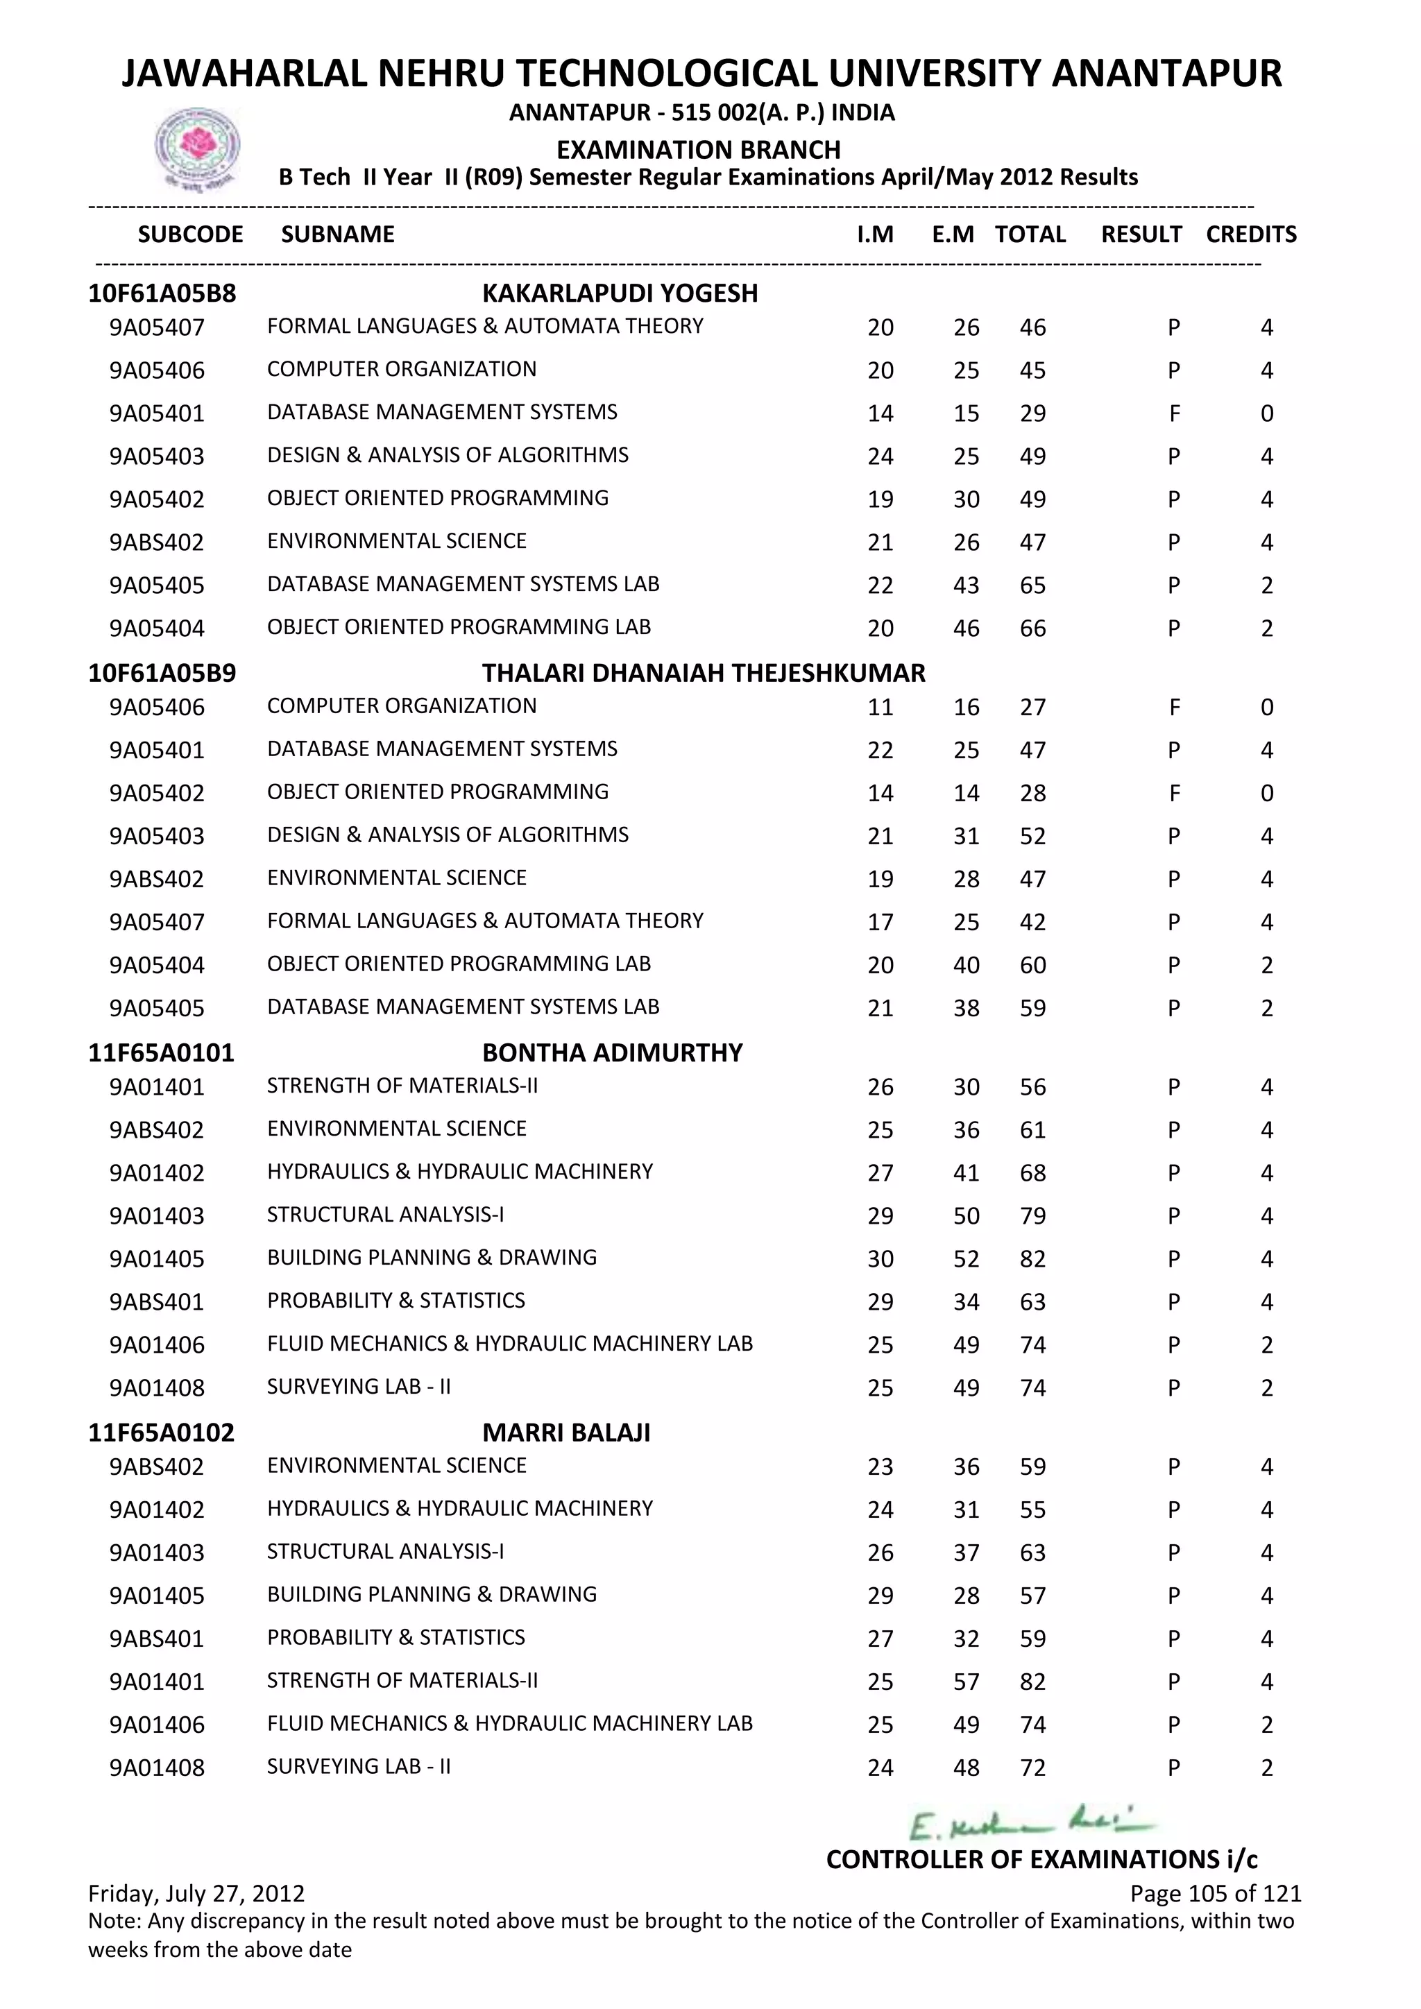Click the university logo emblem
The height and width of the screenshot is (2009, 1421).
point(197,148)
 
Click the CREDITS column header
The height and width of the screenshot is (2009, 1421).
point(1250,234)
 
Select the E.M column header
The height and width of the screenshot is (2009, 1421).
point(953,234)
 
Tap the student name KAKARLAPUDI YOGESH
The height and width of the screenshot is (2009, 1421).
point(620,293)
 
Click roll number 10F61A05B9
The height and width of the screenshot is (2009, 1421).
point(162,673)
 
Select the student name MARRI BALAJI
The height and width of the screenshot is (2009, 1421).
point(566,1433)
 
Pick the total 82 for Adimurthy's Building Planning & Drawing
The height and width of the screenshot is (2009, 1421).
point(1032,1259)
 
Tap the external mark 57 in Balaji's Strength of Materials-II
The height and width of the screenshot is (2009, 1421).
point(966,1682)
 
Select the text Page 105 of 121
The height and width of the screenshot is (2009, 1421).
point(1216,1894)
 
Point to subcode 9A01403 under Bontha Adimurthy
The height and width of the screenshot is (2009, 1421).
point(157,1216)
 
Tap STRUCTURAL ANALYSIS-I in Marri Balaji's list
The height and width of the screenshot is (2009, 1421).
point(385,1551)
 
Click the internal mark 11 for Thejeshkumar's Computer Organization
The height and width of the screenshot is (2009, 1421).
point(880,708)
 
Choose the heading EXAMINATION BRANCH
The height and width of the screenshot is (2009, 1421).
point(698,150)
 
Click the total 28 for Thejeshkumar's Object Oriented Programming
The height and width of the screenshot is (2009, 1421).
point(1032,794)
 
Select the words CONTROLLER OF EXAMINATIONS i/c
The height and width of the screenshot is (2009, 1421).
point(1041,1859)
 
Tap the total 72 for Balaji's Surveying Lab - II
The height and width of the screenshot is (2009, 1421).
point(1032,1768)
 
